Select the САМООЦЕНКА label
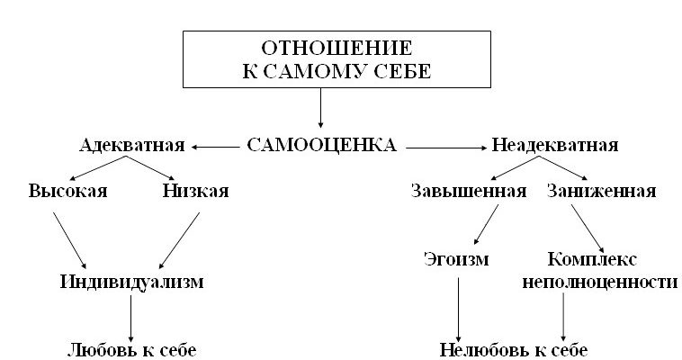(x=321, y=145)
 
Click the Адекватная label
(x=131, y=145)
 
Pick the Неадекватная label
(x=554, y=145)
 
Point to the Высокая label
(x=67, y=191)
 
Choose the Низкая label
(x=196, y=191)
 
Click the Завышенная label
(x=468, y=191)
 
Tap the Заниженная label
(x=601, y=191)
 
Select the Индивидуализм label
(x=131, y=282)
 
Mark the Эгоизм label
(x=456, y=260)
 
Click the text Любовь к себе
(x=131, y=349)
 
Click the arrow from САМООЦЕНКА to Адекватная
(x=216, y=146)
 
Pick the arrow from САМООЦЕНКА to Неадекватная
(x=446, y=146)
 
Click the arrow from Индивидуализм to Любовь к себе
(x=131, y=315)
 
